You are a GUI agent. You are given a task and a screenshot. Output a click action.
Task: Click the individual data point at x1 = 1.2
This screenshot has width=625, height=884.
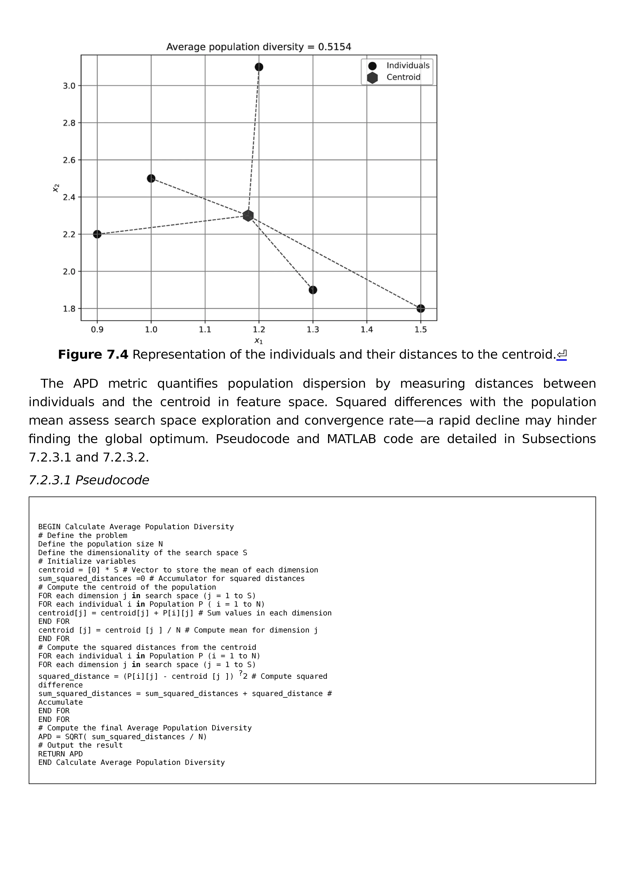click(x=259, y=67)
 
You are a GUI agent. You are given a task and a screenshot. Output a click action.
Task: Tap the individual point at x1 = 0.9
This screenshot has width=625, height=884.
click(x=97, y=234)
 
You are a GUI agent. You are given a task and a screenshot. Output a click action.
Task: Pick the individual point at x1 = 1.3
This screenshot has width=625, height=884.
click(x=313, y=290)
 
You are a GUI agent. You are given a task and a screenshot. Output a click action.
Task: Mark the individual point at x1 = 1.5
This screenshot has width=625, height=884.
click(x=421, y=308)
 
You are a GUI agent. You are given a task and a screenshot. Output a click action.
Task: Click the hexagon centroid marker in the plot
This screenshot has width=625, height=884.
click(x=248, y=216)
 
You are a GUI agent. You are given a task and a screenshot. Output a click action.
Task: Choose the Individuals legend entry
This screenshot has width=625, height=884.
click(x=408, y=65)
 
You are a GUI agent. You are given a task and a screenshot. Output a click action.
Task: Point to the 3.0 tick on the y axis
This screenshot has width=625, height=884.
click(x=69, y=86)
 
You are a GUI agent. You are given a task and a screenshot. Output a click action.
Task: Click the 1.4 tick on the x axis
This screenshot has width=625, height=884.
click(x=367, y=329)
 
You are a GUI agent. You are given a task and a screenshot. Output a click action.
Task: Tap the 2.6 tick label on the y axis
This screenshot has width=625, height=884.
click(x=69, y=160)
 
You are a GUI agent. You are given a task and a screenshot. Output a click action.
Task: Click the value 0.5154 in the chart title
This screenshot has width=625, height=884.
click(x=334, y=47)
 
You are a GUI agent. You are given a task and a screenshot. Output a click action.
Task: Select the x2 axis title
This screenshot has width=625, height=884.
click(x=56, y=188)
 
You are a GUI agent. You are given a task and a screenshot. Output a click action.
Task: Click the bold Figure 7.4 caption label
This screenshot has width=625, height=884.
click(x=93, y=355)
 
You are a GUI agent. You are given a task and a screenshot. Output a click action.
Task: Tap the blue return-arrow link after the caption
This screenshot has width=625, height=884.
click(x=562, y=355)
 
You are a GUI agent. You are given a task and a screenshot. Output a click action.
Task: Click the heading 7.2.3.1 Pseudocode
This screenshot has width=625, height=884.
click(x=89, y=480)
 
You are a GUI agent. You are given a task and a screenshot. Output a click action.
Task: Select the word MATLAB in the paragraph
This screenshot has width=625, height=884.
click(x=351, y=439)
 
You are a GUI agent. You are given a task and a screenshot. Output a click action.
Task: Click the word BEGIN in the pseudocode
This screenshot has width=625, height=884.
click(x=49, y=527)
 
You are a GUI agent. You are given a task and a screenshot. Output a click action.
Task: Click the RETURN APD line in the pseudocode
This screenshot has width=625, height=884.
click(x=61, y=754)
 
